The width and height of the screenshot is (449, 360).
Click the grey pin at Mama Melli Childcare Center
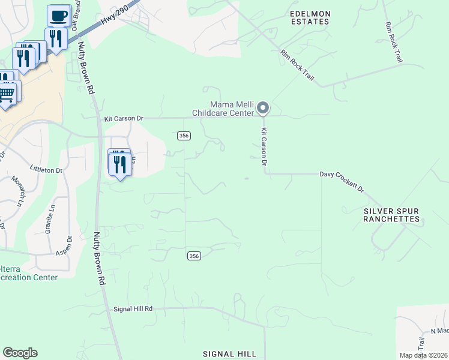[263, 108]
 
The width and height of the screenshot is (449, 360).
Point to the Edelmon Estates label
[310, 17]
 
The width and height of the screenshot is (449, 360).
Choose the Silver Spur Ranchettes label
[391, 215]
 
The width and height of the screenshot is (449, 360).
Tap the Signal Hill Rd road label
[133, 308]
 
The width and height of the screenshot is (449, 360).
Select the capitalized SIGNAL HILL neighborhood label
[230, 354]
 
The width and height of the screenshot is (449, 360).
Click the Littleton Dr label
[46, 170]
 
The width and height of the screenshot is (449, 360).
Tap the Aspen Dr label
[68, 247]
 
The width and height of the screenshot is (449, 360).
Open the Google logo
[20, 353]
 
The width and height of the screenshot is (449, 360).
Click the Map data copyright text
[423, 355]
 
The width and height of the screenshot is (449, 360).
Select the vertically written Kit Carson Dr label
[263, 146]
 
